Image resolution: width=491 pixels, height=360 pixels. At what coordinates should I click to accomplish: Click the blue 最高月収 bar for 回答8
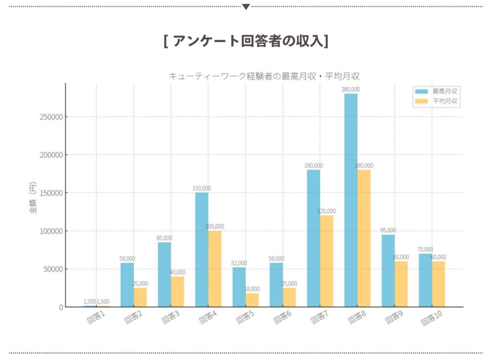pyautogui.click(x=351, y=200)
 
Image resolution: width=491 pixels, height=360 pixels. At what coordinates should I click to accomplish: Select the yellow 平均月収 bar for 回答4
pyautogui.click(x=215, y=268)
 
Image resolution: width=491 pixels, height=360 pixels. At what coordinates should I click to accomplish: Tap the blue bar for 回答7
pyautogui.click(x=314, y=238)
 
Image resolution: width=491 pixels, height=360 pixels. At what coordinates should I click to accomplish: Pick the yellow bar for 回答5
pyautogui.click(x=252, y=300)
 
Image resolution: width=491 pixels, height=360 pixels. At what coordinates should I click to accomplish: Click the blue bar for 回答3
pyautogui.click(x=164, y=274)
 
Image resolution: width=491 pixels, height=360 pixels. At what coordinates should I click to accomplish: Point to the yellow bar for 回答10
pyautogui.click(x=438, y=288)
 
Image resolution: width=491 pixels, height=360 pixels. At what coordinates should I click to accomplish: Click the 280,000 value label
pyautogui.click(x=351, y=89)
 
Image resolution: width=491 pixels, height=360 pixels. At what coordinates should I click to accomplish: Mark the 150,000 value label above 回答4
pyautogui.click(x=201, y=188)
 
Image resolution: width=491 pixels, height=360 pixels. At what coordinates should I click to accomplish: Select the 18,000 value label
pyautogui.click(x=252, y=289)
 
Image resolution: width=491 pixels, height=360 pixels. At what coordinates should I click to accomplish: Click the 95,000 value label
pyautogui.click(x=388, y=230)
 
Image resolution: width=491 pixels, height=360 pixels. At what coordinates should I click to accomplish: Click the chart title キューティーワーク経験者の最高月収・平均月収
pyautogui.click(x=264, y=76)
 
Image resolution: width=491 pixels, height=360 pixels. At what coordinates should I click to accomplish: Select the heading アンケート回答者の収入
pyautogui.click(x=245, y=41)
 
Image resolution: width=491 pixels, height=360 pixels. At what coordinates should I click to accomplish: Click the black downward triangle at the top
pyautogui.click(x=246, y=7)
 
